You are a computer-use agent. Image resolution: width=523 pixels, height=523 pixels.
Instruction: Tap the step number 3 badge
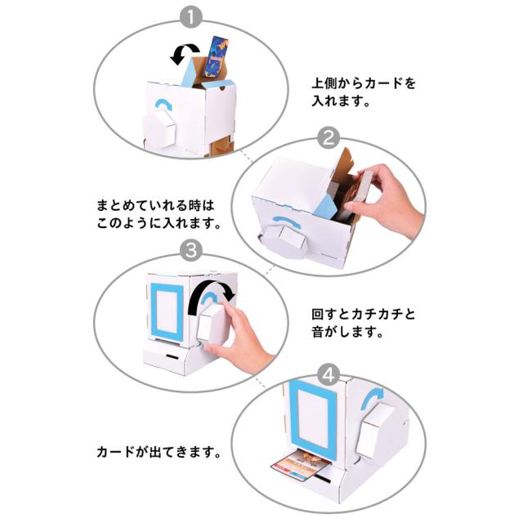189,250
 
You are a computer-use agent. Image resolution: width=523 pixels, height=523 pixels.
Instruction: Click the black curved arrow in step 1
181,55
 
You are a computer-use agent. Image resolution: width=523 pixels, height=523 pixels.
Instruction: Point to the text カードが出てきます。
159,451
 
